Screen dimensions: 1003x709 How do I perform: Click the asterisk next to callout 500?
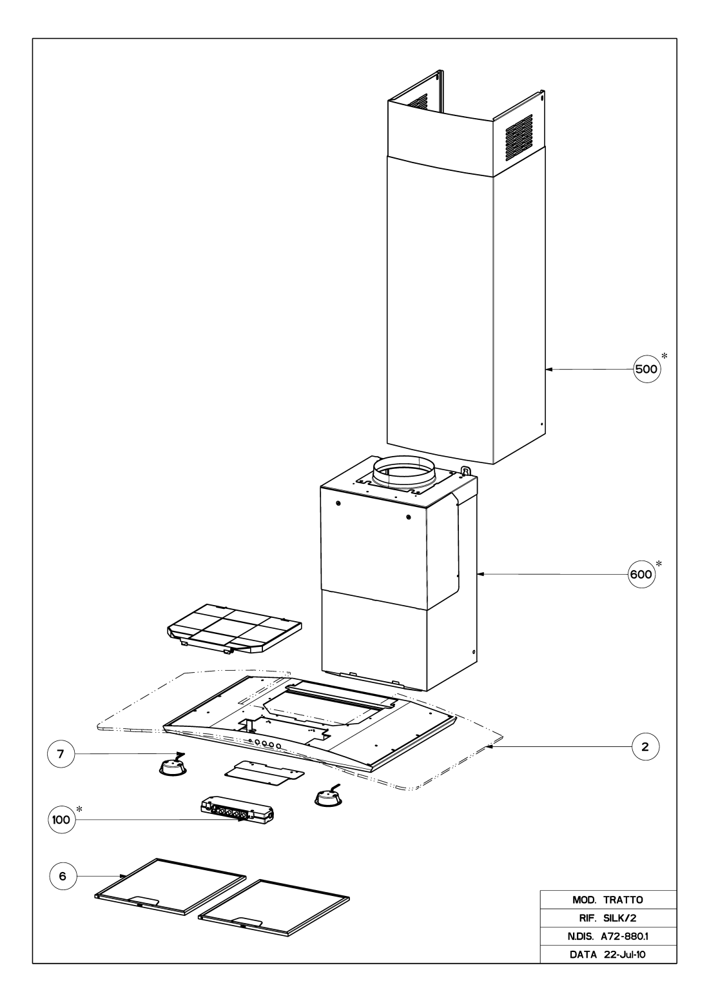664,356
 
